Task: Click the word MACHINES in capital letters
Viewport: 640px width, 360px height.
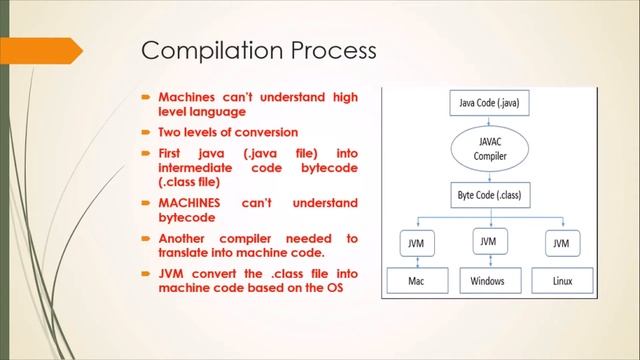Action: coord(193,203)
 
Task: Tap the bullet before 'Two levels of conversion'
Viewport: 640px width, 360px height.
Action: coord(146,132)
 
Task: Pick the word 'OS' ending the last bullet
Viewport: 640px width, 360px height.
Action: coord(320,289)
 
